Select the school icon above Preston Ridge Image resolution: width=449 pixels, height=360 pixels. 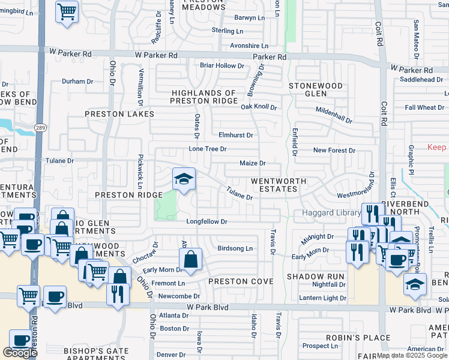pyautogui.click(x=184, y=179)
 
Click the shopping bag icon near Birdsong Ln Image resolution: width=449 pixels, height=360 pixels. pyautogui.click(x=190, y=259)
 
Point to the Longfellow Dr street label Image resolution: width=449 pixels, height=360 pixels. pyautogui.click(x=206, y=221)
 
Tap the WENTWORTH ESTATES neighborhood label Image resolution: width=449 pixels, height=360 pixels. pyautogui.click(x=278, y=185)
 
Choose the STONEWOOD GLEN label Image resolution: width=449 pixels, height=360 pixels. pyautogui.click(x=316, y=90)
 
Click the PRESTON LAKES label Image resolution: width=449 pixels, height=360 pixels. pyautogui.click(x=119, y=113)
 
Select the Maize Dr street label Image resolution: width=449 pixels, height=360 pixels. pyautogui.click(x=252, y=163)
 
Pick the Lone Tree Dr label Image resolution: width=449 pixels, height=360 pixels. pyautogui.click(x=208, y=149)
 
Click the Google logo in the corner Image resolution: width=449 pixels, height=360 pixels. pyautogui.click(x=20, y=353)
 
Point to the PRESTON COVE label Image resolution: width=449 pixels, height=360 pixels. pyautogui.click(x=241, y=281)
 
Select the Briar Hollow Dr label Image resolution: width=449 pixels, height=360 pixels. pyautogui.click(x=221, y=65)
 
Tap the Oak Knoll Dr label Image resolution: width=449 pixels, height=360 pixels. pyautogui.click(x=259, y=107)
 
